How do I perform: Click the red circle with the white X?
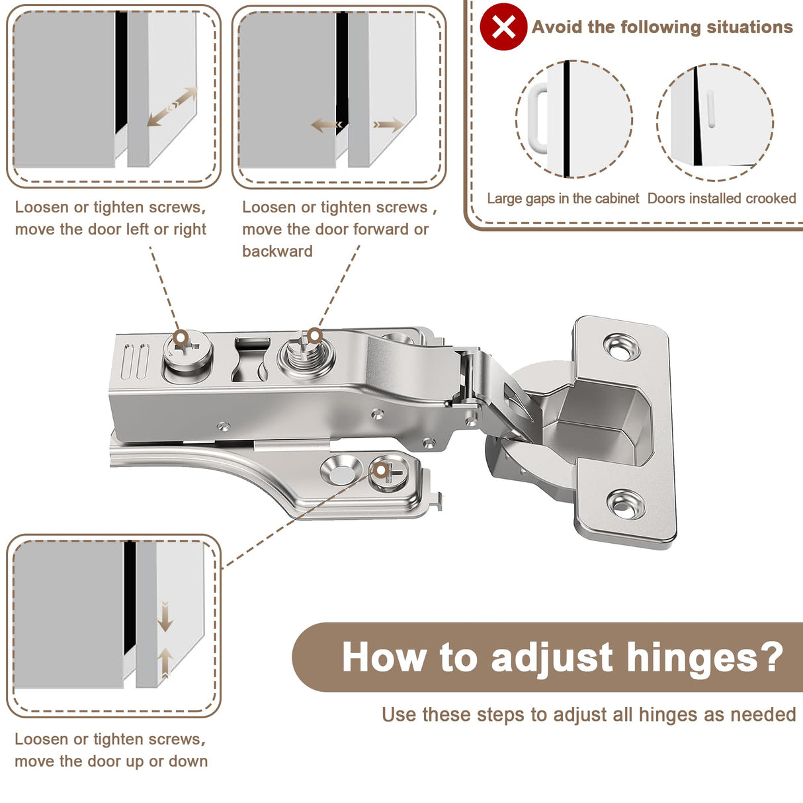[x=503, y=27]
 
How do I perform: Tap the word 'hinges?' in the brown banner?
[x=704, y=657]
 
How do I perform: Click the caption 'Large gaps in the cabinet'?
[x=562, y=198]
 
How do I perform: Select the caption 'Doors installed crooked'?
[x=722, y=198]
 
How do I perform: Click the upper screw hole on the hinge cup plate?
[x=622, y=347]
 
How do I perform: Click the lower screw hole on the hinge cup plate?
[x=626, y=505]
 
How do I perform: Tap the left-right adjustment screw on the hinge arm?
[x=187, y=352]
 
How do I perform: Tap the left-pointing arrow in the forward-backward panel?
[x=327, y=124]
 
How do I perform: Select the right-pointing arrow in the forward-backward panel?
[x=388, y=124]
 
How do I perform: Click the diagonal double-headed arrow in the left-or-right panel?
[x=173, y=106]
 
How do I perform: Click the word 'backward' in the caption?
[x=277, y=251]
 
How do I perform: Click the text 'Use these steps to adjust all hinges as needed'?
[x=589, y=715]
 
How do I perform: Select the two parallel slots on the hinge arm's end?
[x=134, y=361]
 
